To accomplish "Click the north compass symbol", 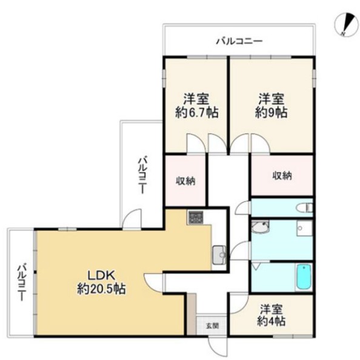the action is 347,24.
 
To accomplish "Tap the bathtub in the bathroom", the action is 304,277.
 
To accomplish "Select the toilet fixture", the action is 304,208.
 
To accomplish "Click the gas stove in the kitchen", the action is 195,218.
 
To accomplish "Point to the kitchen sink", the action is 219,255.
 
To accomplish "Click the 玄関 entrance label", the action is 212,326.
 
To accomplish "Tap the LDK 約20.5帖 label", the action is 101,282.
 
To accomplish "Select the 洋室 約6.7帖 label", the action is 196,106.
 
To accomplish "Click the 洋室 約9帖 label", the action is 271,105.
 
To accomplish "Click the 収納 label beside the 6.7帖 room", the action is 185,181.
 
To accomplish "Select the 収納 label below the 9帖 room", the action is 282,176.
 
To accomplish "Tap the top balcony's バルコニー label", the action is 239,41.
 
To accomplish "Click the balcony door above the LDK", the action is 132,219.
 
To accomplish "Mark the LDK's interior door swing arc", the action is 153,283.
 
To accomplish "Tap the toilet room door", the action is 243,207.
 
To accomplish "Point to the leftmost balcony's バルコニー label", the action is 22,282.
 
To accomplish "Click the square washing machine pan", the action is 304,228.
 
